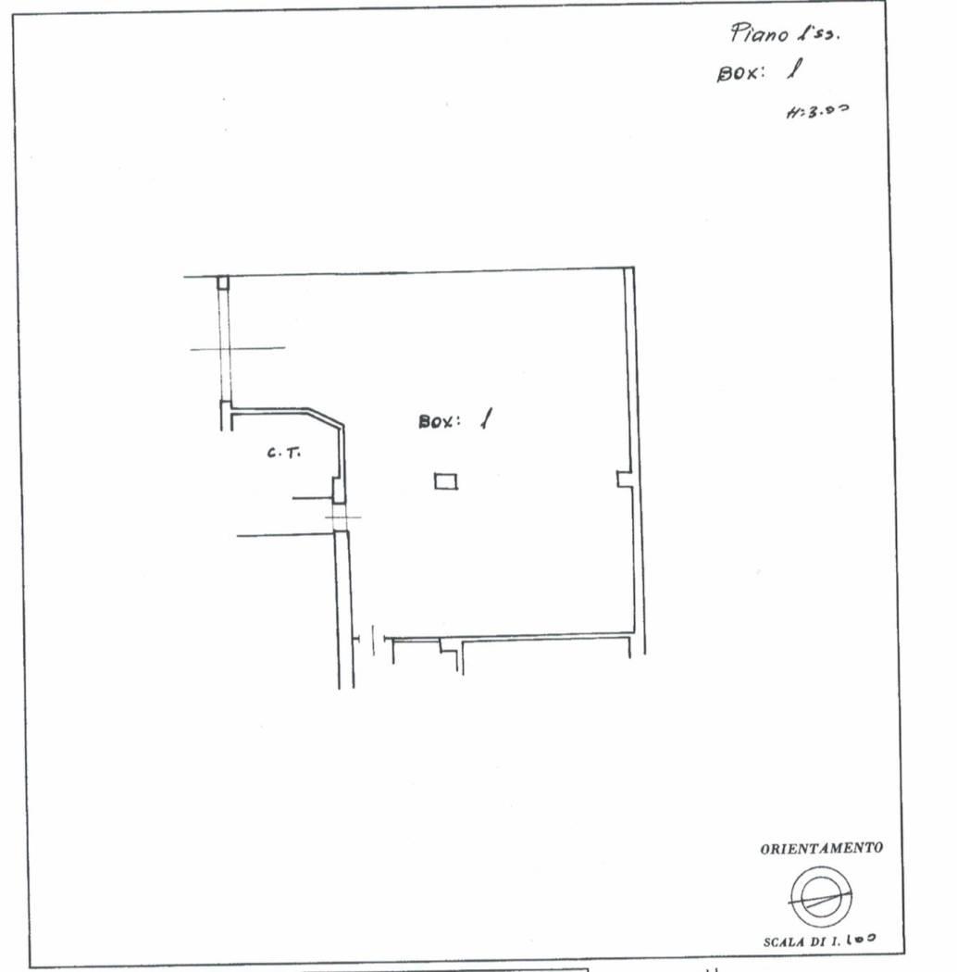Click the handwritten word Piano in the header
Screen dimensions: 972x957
(760, 34)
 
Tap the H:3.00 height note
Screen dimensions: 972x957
(816, 112)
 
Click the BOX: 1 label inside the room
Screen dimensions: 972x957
(454, 420)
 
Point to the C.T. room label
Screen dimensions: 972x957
(282, 453)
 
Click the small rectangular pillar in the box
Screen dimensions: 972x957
(446, 480)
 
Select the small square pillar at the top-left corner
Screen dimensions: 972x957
(223, 282)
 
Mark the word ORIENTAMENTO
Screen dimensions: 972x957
(821, 848)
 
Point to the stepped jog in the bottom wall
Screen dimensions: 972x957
(449, 648)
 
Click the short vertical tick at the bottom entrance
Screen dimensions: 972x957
(372, 640)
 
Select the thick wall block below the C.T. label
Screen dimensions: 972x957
(339, 489)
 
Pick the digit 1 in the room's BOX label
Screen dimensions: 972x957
(485, 419)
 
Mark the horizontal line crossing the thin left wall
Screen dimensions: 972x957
(237, 349)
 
